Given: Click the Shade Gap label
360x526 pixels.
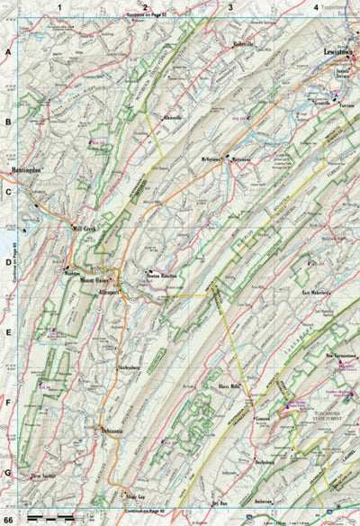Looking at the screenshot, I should [x=135, y=496].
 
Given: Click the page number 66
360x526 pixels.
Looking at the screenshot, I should [x=10, y=520].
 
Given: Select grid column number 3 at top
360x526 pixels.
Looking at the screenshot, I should [x=230, y=8].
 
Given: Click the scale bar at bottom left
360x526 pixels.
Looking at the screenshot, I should [x=46, y=521].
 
